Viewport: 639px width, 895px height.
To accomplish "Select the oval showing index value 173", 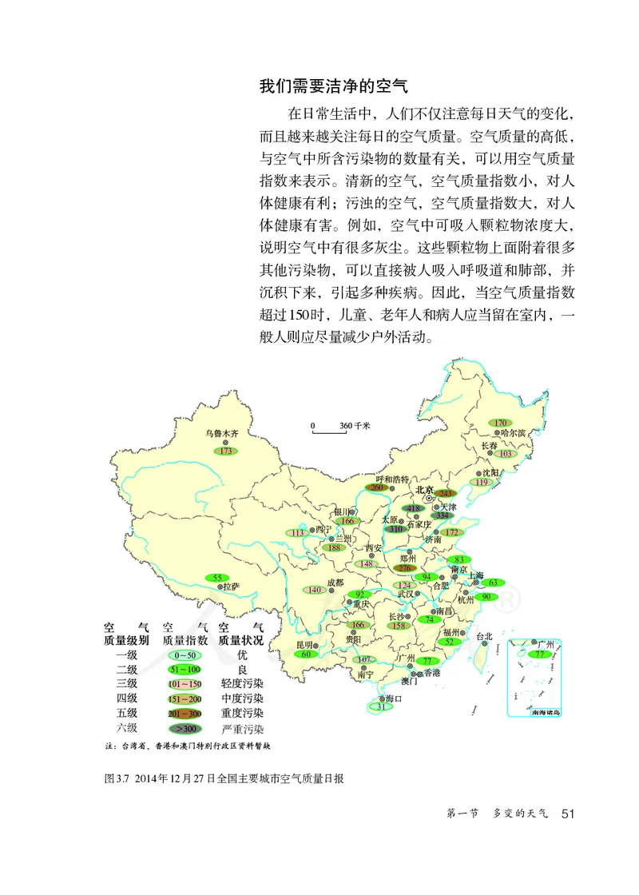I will point(227,451).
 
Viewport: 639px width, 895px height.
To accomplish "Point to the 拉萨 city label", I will point(230,586).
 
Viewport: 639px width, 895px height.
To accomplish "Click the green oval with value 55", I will point(216,577).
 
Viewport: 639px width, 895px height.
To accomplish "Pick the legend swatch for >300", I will point(184,729).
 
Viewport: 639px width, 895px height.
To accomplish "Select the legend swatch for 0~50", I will point(184,655).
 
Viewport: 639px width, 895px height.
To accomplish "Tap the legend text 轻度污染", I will point(241,685).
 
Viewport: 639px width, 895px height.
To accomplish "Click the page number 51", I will point(569,814).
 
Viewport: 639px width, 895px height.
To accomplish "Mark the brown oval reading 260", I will point(377,487).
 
